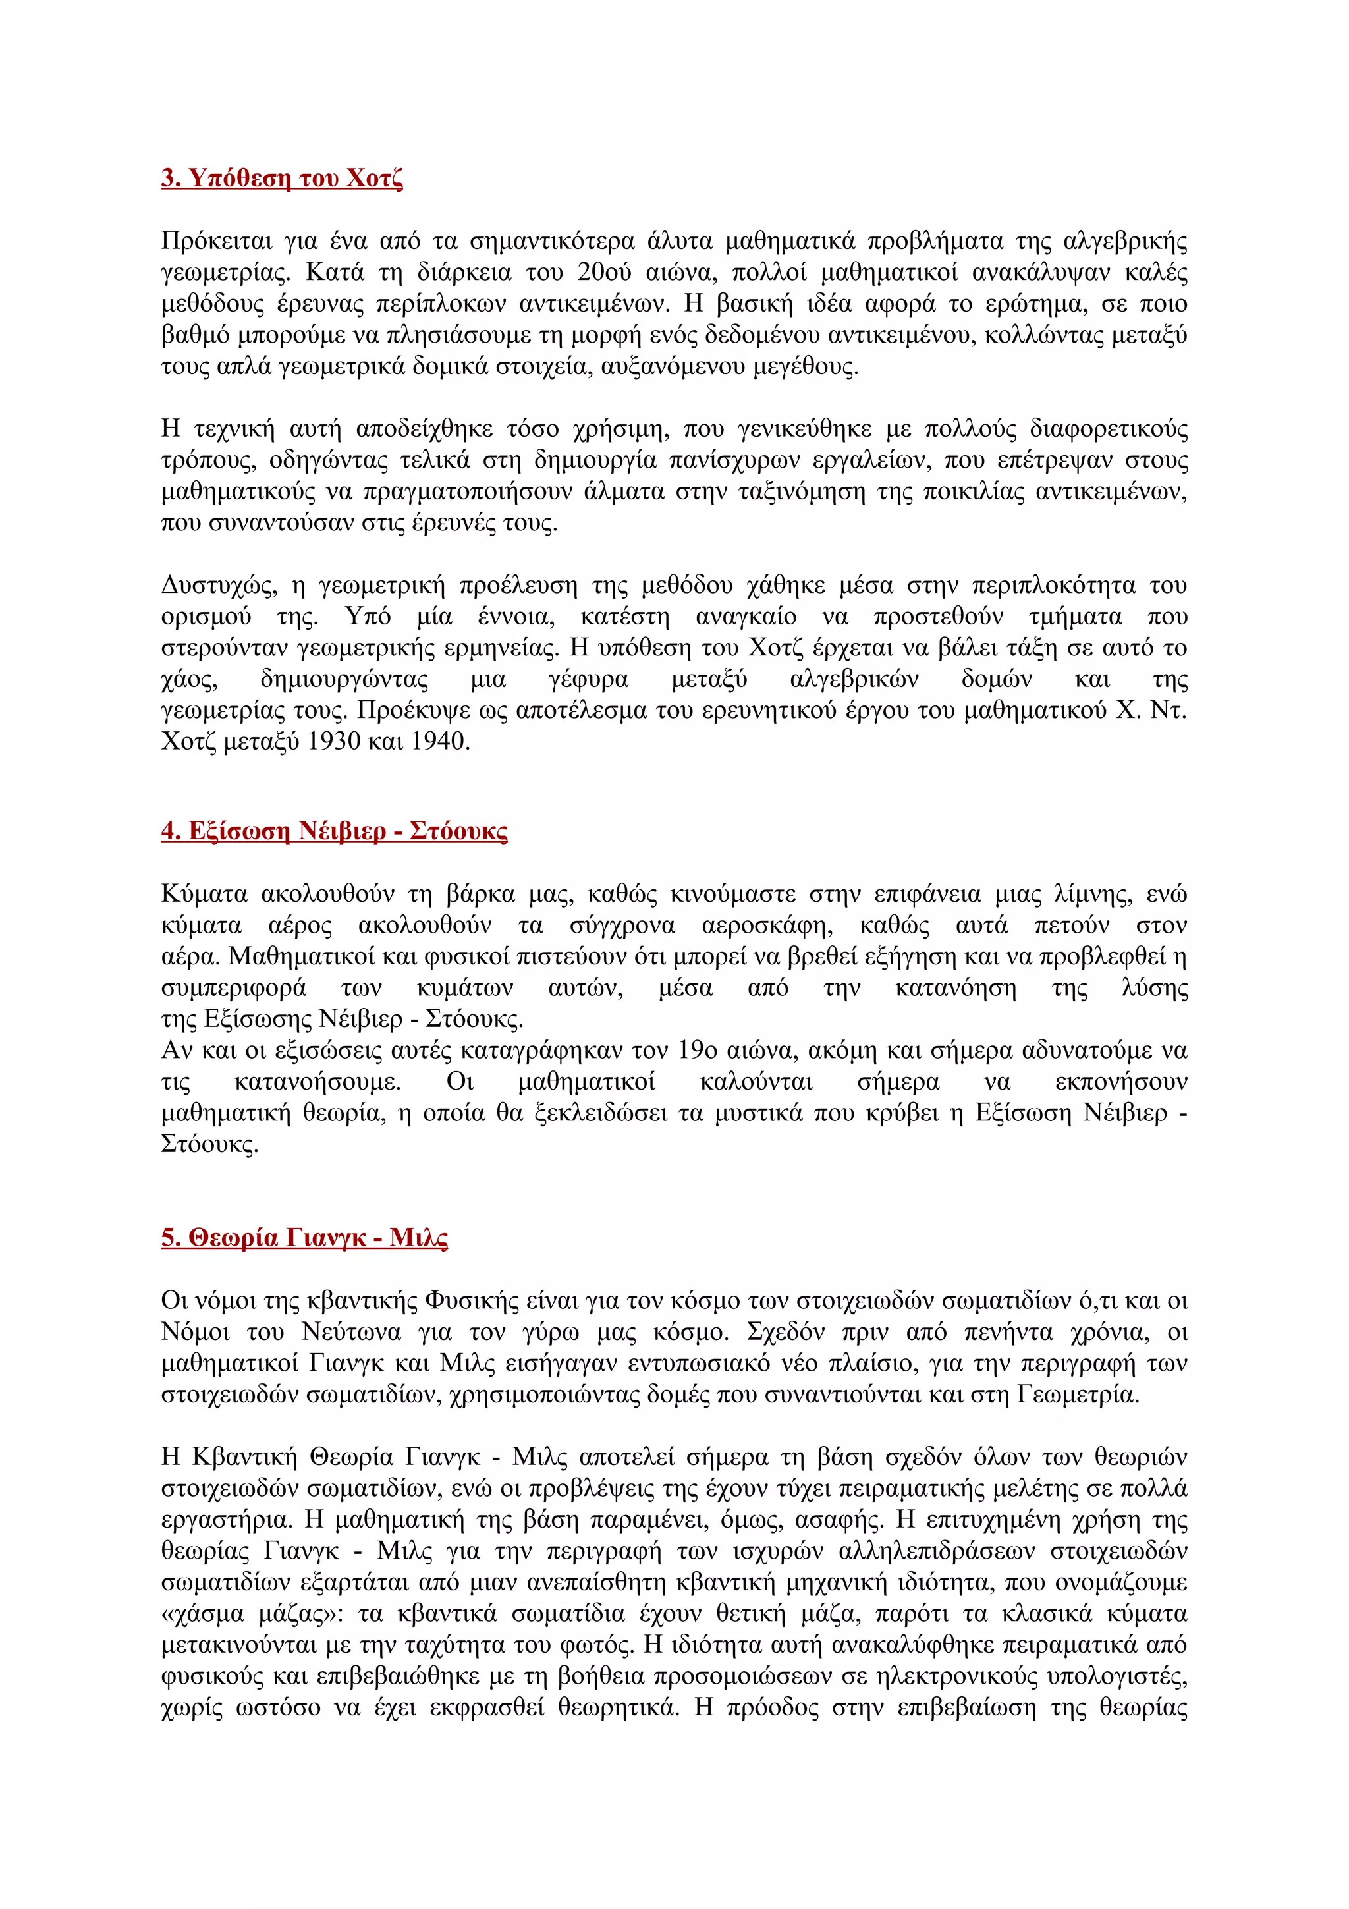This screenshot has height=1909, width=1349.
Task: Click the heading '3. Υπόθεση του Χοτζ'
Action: coord(282,178)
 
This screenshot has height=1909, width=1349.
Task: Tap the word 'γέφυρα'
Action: coord(588,679)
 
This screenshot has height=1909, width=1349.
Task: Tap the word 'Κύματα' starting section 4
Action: coord(204,894)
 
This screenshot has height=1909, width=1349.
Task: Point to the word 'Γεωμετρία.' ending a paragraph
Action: coord(1077,1395)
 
